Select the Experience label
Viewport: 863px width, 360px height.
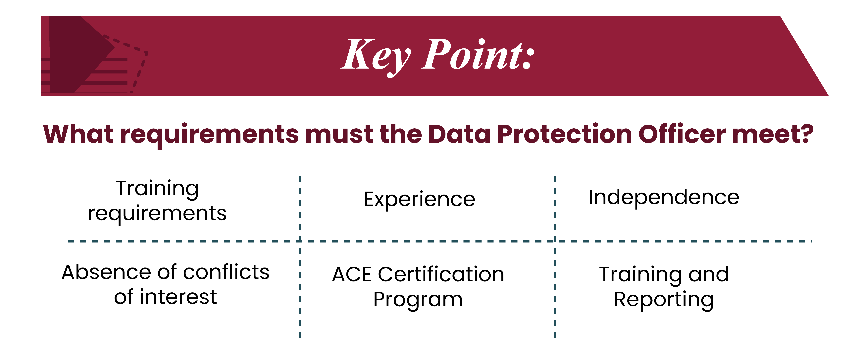coord(419,200)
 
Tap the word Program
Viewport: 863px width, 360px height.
coord(418,300)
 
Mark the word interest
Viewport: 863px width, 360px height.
coord(178,297)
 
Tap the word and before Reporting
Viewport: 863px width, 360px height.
coord(709,274)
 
